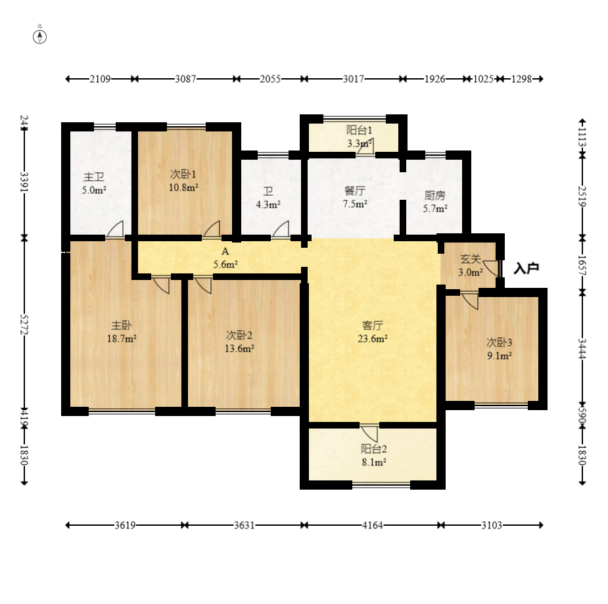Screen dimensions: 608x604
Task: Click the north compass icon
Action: coord(39,37)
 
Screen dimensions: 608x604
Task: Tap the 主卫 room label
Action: coord(94,177)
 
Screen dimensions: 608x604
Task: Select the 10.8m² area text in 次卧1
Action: coord(183,187)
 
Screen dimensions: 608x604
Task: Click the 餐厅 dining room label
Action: coord(355,191)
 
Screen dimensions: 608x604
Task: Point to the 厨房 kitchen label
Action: coord(434,195)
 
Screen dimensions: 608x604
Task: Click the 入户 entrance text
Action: coord(526,268)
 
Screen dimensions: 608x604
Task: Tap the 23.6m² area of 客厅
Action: coord(373,339)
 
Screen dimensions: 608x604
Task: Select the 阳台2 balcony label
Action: coord(374,449)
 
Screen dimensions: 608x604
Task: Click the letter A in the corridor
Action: coord(225,251)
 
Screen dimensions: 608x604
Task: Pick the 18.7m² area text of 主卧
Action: coord(122,339)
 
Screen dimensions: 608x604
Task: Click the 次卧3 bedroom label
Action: coord(500,342)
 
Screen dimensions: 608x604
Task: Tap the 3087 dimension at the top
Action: coord(185,79)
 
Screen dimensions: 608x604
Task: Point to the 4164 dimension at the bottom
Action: coord(372,525)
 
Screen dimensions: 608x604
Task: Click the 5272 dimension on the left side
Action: coord(24,324)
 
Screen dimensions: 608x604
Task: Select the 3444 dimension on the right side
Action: coord(582,348)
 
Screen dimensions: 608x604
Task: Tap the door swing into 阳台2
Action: coord(369,433)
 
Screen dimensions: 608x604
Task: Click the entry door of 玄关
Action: coord(491,268)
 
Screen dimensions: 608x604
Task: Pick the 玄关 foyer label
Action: coord(471,259)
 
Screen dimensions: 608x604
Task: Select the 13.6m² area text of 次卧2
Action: coord(240,348)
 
